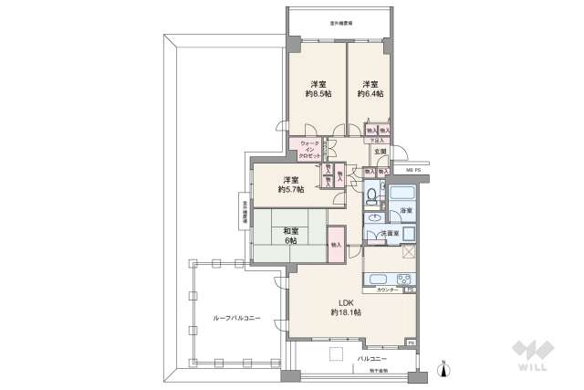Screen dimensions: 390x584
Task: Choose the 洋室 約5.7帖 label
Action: point(291,184)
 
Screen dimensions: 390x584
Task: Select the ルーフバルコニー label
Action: point(236,318)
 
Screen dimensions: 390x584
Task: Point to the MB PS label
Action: point(412,171)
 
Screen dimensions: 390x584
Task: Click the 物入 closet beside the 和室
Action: point(336,245)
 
